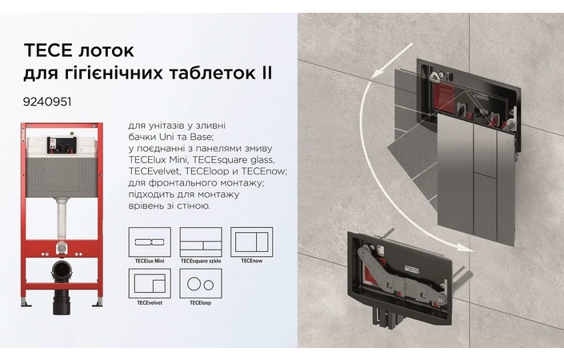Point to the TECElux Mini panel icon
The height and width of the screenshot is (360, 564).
pos(150,242)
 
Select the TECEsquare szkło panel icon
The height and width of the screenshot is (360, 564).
pos(200,242)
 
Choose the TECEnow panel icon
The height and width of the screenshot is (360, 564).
pos(246,242)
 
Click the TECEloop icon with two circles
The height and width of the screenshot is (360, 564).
pos(200,284)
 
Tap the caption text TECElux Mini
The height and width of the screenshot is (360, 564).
pos(150,261)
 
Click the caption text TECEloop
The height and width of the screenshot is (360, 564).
pos(200,303)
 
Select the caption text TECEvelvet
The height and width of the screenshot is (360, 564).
pos(150,303)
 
